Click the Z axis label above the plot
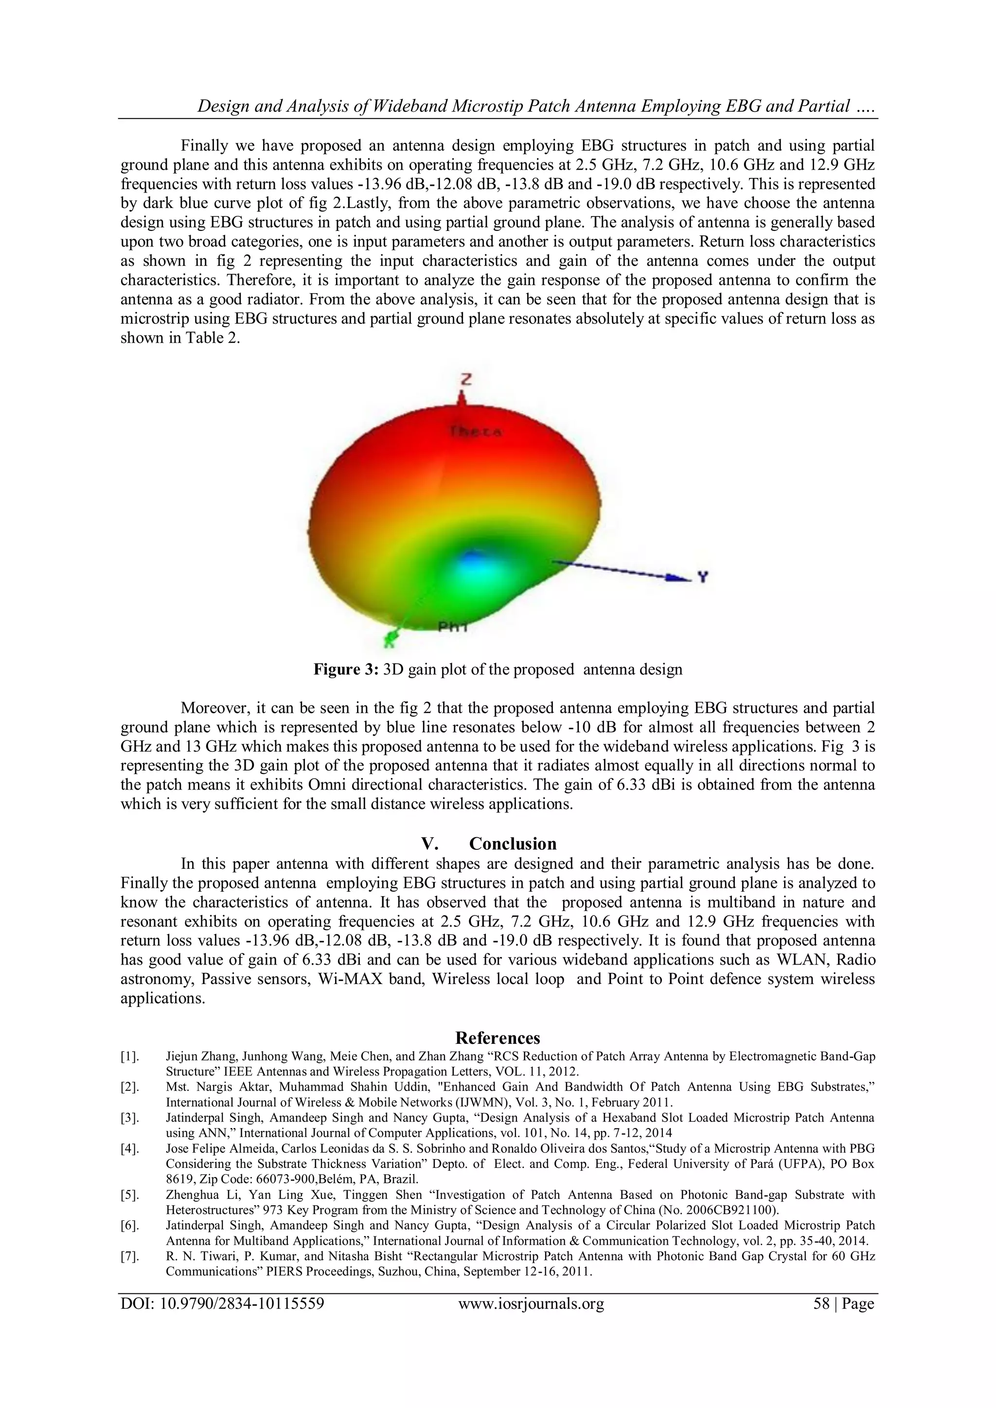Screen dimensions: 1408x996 [x=465, y=380]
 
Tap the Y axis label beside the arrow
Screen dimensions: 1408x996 [x=703, y=577]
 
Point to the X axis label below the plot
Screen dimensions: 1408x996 [x=388, y=643]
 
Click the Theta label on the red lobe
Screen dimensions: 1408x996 [x=475, y=431]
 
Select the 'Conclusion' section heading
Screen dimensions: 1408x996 [x=513, y=844]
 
